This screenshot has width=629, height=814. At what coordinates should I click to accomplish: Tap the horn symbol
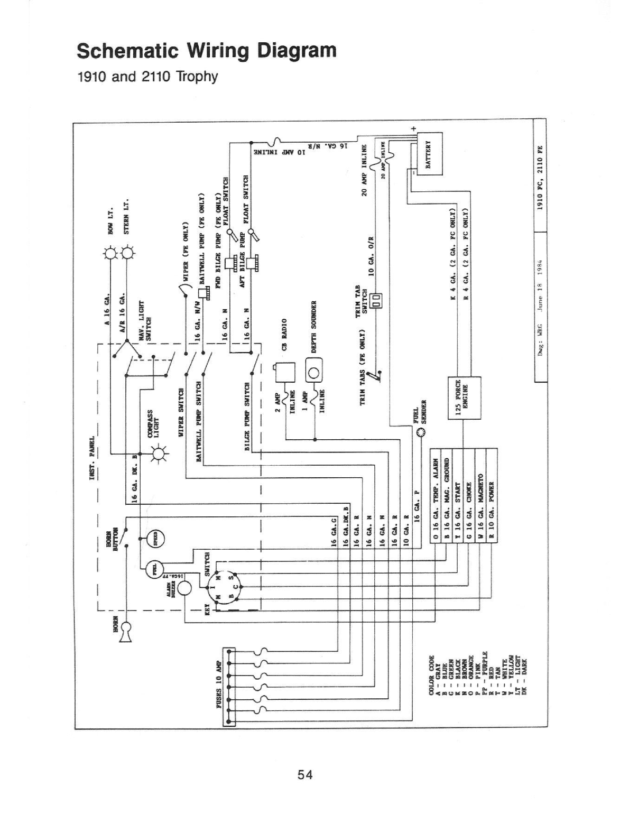(126, 631)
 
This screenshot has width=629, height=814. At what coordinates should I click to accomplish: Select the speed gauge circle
(156, 540)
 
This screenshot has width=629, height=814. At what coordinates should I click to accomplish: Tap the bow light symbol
(110, 254)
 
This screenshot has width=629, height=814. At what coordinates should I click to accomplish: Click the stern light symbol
(127, 254)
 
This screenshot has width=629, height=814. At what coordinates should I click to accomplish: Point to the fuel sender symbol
(421, 433)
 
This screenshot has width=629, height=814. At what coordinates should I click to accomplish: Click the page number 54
(305, 775)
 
